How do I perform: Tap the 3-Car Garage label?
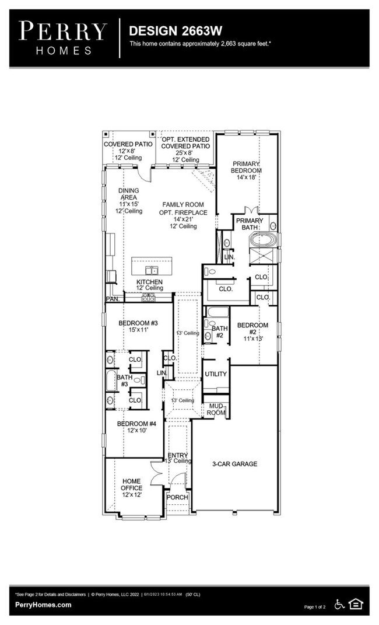[x=234, y=464]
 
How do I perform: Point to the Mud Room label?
[x=216, y=409]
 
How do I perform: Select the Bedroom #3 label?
[x=138, y=326]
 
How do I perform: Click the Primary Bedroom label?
[x=247, y=170]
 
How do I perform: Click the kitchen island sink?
[x=152, y=270]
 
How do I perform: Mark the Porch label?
[x=177, y=497]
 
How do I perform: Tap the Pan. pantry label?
[x=113, y=299]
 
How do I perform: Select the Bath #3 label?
[x=124, y=380]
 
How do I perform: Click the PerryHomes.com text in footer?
[x=43, y=605]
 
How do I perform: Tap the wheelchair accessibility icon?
[x=339, y=604]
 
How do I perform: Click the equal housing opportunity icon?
[x=355, y=604]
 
